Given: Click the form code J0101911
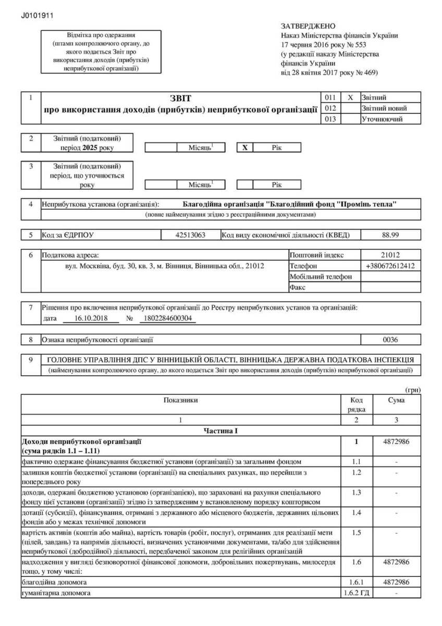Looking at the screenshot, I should (x=37, y=16).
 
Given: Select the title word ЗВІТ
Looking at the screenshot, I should (x=180, y=98).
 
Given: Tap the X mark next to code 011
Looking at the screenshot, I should (x=350, y=98).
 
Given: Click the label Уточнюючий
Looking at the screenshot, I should (x=382, y=119).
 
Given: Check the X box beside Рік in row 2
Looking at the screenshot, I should (x=244, y=148).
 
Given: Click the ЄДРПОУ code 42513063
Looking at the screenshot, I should (x=191, y=235).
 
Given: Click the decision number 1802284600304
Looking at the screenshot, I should (x=168, y=318).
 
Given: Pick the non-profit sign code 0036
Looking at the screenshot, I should (x=390, y=340).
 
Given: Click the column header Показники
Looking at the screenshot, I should (x=180, y=400).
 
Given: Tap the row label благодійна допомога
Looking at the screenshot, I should (x=54, y=582).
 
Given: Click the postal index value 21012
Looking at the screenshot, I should (x=390, y=255).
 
